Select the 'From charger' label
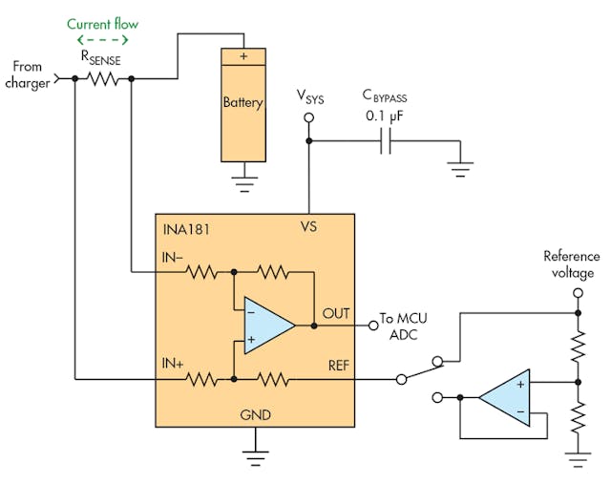click(28, 74)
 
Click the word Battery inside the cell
click(242, 102)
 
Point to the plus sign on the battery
click(242, 56)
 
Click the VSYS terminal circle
click(307, 118)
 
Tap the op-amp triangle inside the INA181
click(266, 326)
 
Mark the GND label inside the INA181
click(255, 415)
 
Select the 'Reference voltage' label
click(571, 263)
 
